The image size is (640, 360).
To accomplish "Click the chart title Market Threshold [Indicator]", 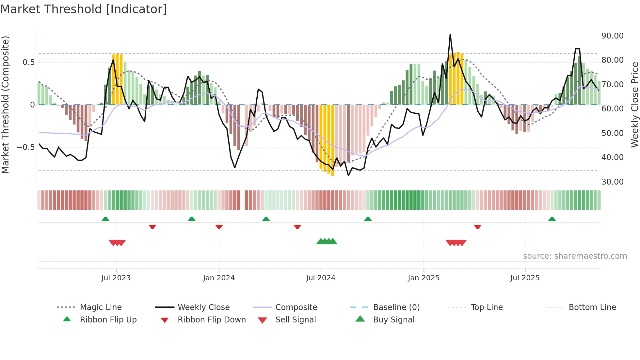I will pyautogui.click(x=84, y=9).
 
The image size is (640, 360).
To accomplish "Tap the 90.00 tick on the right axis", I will pyautogui.click(x=612, y=36).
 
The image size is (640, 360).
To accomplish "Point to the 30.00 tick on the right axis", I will pyautogui.click(x=612, y=182).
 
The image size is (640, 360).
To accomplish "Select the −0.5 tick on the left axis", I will pyautogui.click(x=25, y=147).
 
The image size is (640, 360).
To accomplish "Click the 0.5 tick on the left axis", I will pyautogui.click(x=28, y=62).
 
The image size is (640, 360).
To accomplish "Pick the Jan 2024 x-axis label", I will pyautogui.click(x=219, y=278).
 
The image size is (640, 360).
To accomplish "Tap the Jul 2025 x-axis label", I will pyautogui.click(x=525, y=278).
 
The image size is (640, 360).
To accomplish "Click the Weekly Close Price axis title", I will pyautogui.click(x=634, y=105).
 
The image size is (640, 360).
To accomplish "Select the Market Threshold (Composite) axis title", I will pyautogui.click(x=5, y=105).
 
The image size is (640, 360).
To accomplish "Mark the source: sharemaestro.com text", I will pyautogui.click(x=575, y=256).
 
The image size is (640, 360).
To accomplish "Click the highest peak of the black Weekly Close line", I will pyautogui.click(x=450, y=35).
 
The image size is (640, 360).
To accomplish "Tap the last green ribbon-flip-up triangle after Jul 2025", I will pyautogui.click(x=552, y=219).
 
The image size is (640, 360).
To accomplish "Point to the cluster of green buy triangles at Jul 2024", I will pyautogui.click(x=327, y=241).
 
